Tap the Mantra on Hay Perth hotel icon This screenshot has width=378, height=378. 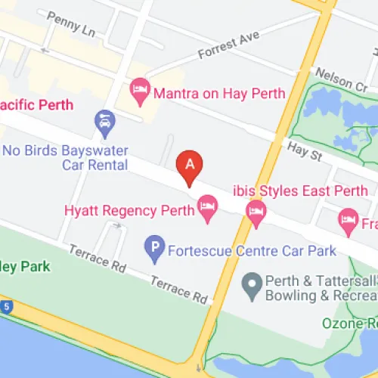[139, 93]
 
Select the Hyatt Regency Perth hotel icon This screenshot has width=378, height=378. [207, 206]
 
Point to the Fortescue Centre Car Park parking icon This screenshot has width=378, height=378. [155, 246]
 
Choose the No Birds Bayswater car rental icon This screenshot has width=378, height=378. [104, 120]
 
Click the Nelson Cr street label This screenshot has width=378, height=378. [340, 78]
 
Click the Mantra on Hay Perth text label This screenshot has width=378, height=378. [218, 94]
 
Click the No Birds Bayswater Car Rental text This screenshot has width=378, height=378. [64, 157]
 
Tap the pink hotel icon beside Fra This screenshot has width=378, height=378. [348, 222]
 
